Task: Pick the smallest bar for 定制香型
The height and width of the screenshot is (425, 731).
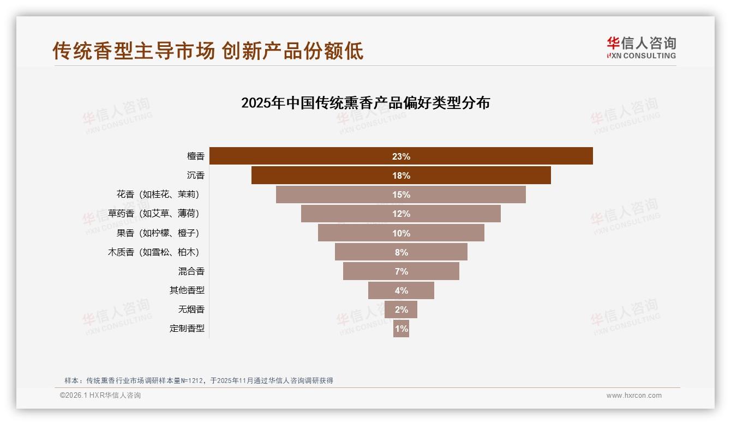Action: pos(401,329)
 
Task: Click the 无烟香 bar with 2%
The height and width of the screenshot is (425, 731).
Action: pos(401,309)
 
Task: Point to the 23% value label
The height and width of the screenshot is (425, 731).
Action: pos(401,156)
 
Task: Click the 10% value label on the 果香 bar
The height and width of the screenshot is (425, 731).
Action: pos(401,233)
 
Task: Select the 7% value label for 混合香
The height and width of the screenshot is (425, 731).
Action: pos(401,271)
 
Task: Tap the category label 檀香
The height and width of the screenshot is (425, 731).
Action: pos(195,156)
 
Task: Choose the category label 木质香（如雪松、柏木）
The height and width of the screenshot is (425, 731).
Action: pos(155,252)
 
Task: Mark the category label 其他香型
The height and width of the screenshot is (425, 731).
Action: pos(187,290)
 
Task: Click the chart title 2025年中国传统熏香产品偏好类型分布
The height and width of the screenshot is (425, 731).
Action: pos(365,102)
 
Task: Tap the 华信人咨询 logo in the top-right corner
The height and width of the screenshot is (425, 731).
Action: pos(641,47)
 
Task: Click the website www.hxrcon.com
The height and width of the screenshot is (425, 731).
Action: pos(634,396)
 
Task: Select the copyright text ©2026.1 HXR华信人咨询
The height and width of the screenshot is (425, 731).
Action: pos(100,396)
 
